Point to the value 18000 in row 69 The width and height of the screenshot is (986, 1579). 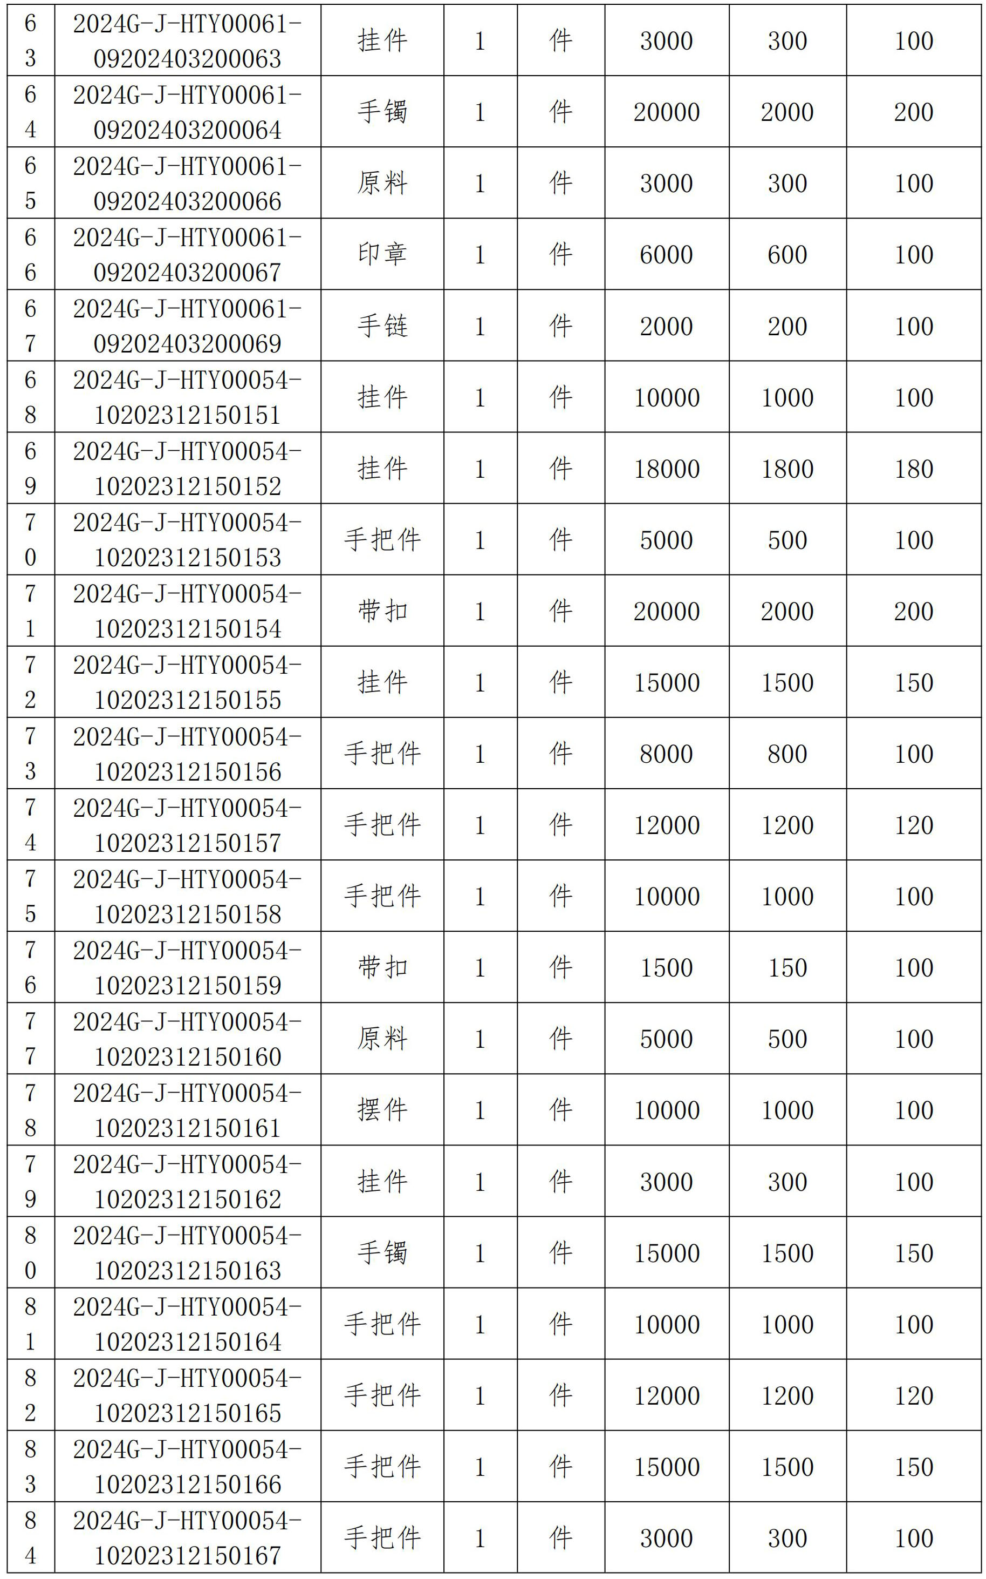point(667,469)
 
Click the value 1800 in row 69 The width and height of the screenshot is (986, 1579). point(787,469)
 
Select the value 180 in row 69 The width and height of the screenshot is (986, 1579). point(914,469)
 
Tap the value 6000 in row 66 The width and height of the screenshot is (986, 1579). point(667,254)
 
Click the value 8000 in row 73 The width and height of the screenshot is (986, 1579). point(667,754)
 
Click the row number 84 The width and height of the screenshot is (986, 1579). point(31,1537)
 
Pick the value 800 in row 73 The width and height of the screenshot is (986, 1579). point(787,754)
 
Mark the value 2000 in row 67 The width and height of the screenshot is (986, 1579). point(667,326)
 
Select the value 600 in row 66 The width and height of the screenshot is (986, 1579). point(787,254)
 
